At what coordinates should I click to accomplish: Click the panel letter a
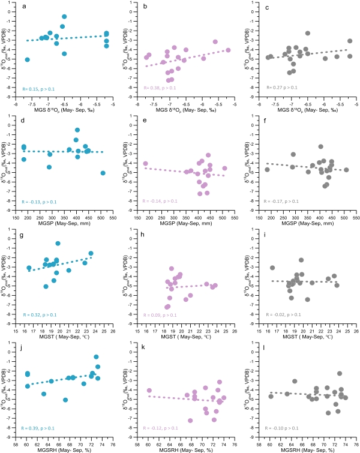coord(23,7)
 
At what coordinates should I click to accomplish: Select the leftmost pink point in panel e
coord(145,163)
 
